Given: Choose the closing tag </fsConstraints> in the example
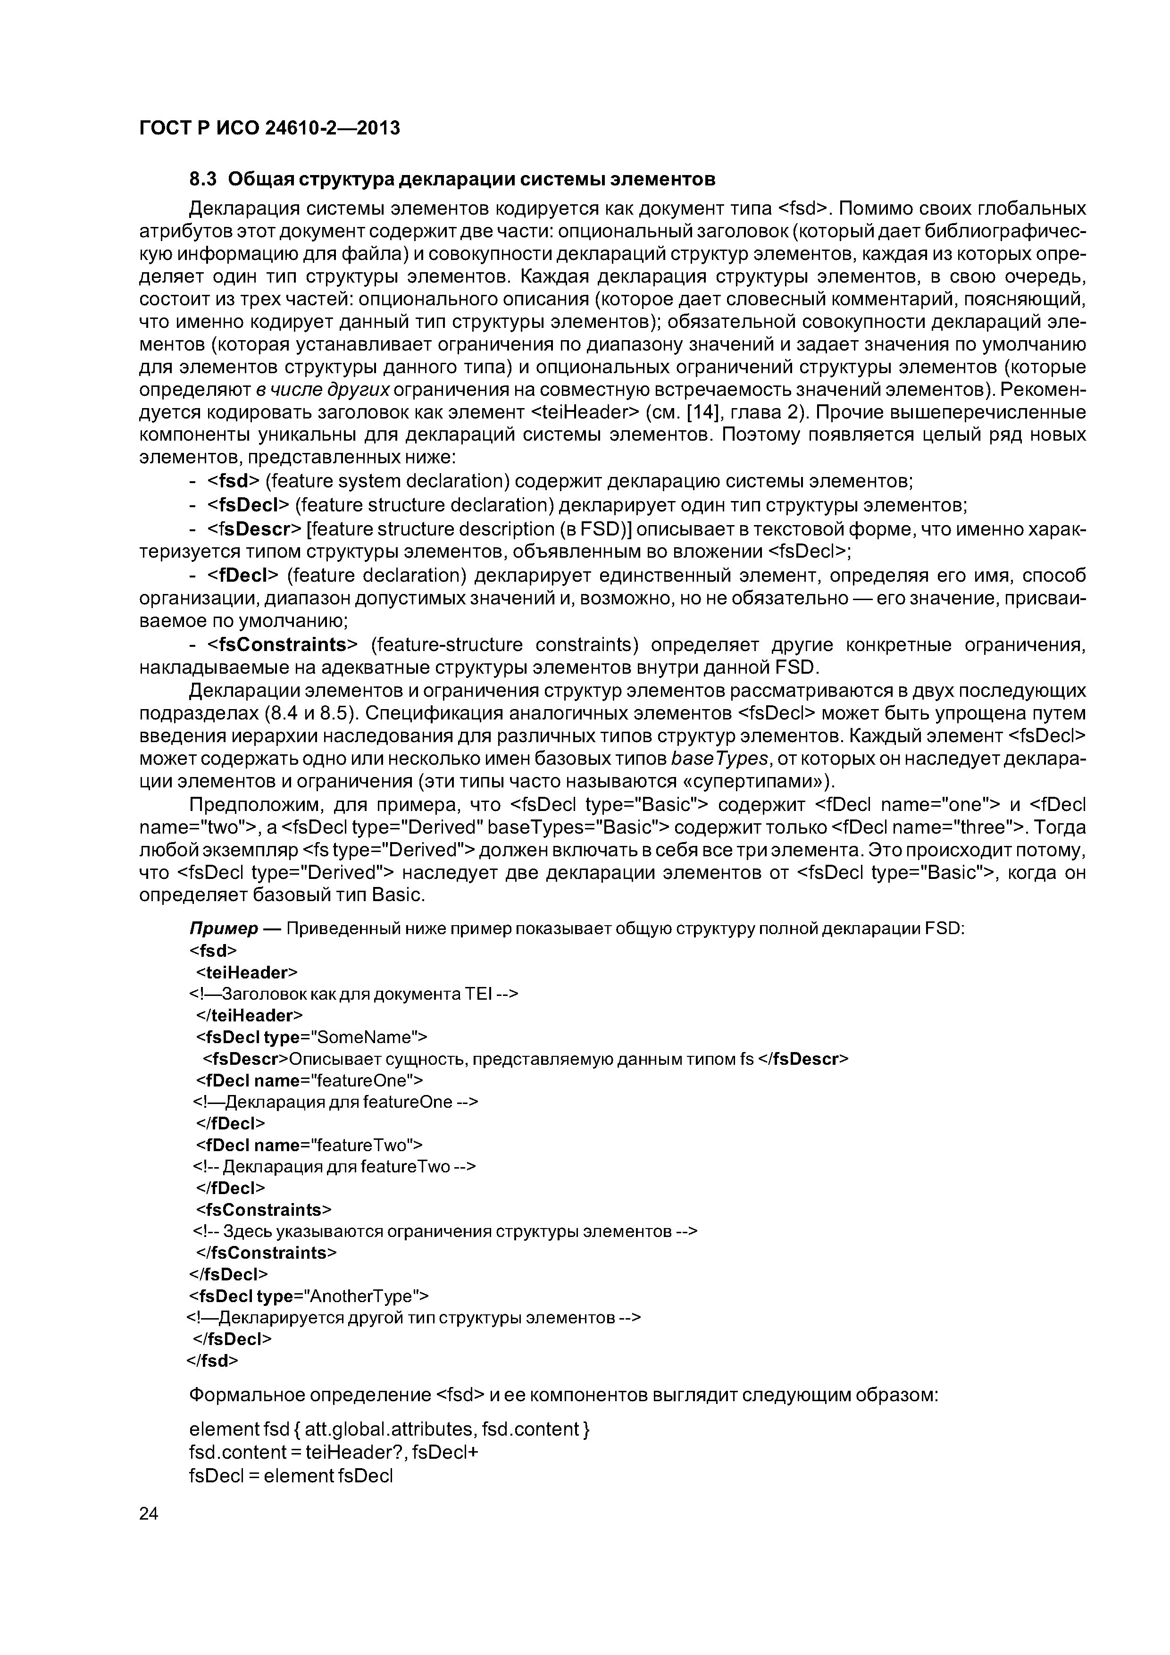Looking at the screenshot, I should pyautogui.click(x=266, y=1253).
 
